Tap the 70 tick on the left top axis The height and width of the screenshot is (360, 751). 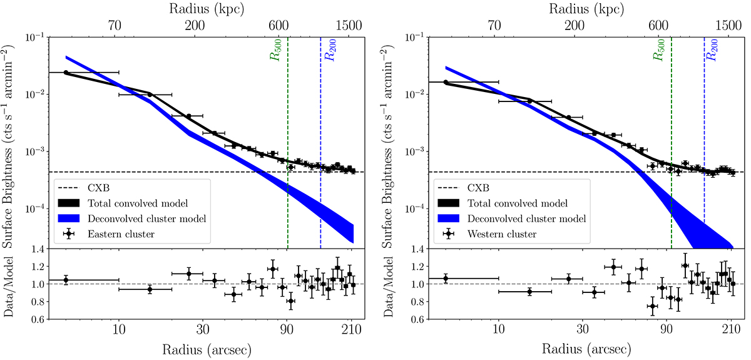click(115, 26)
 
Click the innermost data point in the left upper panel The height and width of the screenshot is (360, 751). click(66, 73)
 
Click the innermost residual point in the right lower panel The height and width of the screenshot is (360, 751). click(445, 278)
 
